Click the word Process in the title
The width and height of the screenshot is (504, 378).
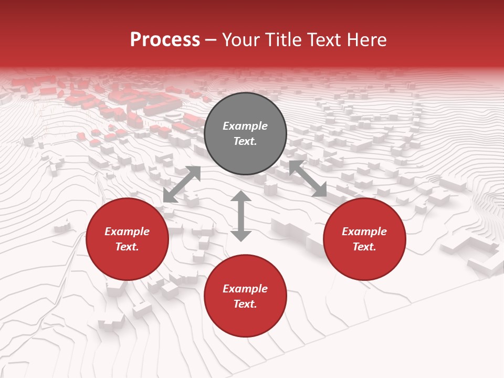point(165,40)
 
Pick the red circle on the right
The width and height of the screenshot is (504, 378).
point(364,260)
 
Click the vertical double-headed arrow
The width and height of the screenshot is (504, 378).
point(241,216)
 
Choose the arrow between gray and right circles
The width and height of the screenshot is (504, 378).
point(308,178)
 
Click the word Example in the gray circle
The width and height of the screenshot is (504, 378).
point(245,126)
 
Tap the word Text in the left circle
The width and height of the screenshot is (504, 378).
point(127,247)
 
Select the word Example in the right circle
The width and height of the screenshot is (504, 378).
point(364,232)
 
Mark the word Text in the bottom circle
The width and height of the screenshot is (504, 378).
point(245,304)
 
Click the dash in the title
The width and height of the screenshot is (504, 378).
point(211,40)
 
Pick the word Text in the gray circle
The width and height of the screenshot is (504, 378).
point(245,141)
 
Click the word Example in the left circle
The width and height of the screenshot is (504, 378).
point(127,232)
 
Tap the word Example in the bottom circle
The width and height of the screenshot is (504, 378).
point(245,289)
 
